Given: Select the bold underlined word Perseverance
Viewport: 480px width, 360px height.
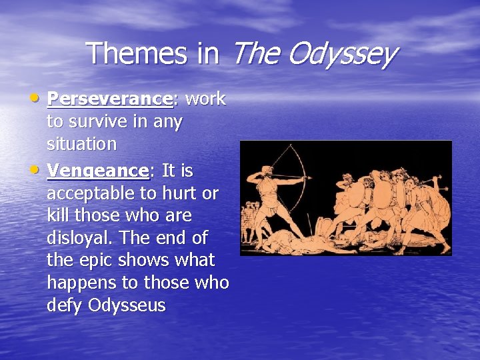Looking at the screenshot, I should (x=109, y=99).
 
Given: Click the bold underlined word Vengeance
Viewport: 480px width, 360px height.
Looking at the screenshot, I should (x=98, y=171).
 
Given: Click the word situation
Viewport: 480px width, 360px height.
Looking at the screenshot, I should (x=81, y=144).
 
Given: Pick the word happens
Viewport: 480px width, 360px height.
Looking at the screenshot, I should (x=78, y=283).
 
